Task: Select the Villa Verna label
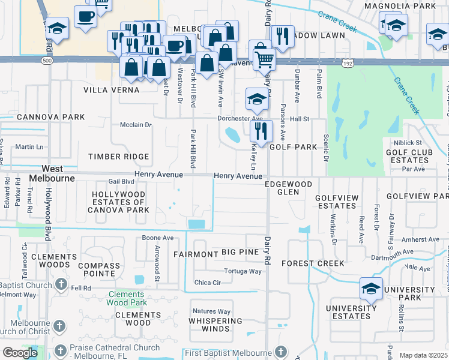(111, 90)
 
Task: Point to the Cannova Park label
(43, 116)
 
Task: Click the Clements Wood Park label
(127, 298)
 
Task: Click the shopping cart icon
(264, 59)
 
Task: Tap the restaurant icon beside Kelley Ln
(261, 130)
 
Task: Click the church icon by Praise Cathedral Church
(59, 350)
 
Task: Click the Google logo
(20, 353)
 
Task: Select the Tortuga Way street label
(243, 271)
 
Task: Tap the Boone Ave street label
(158, 238)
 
